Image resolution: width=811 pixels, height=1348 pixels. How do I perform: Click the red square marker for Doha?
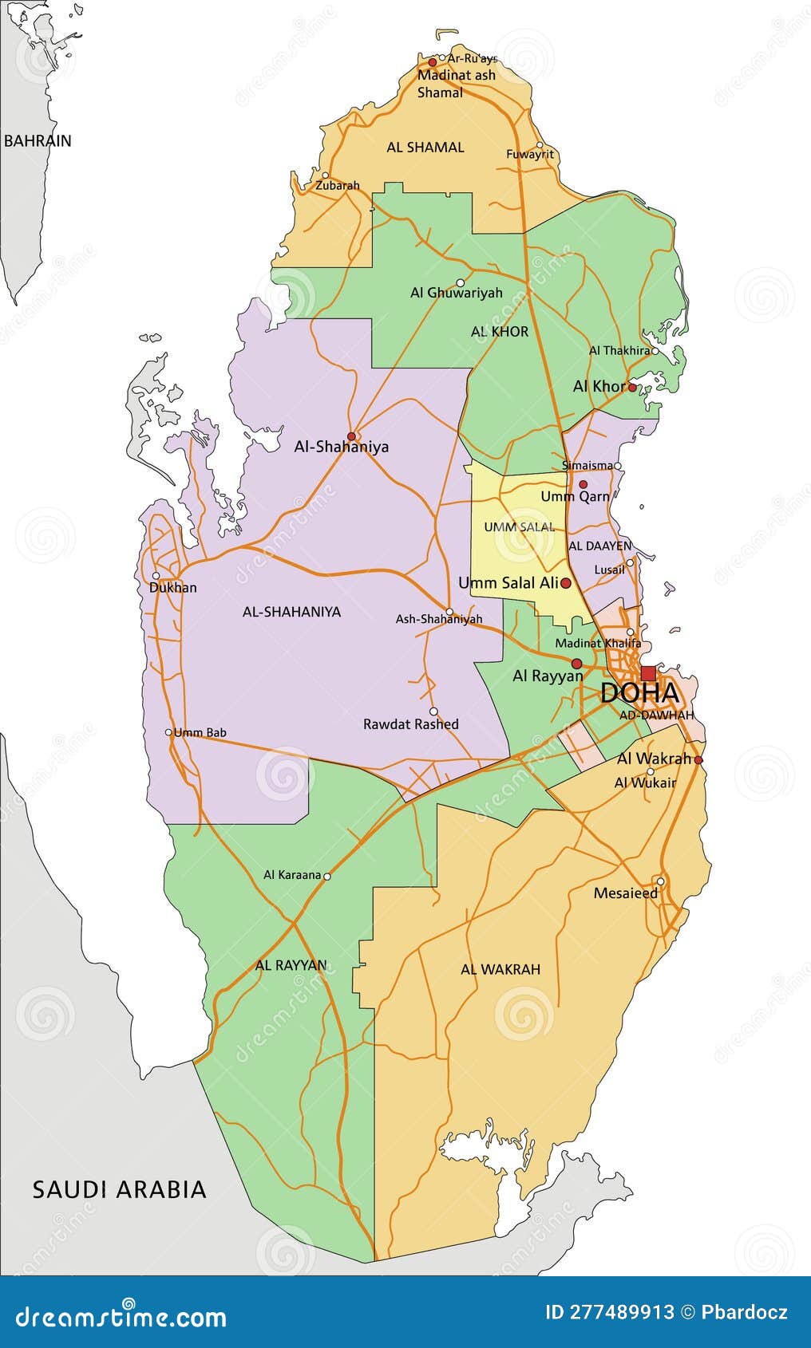pos(648,673)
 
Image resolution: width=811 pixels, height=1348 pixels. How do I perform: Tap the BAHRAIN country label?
pos(38,141)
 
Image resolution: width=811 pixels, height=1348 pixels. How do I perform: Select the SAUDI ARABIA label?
pos(120,1189)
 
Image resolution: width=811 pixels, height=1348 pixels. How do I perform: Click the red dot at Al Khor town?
pos(632,388)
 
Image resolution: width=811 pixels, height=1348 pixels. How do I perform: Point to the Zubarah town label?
pos(337,186)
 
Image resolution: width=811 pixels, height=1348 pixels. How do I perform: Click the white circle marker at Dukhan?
pos(156,575)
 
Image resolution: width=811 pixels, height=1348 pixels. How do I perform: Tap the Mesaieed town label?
pos(626,893)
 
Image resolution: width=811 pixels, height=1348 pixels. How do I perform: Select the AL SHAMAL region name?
pos(425,148)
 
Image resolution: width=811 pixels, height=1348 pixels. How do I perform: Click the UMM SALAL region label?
pos(519,527)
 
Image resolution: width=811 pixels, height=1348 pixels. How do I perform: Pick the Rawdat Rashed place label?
pos(411,724)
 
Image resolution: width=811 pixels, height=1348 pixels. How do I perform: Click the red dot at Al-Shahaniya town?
pos(351,436)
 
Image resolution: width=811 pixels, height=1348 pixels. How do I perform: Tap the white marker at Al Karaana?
pos(327,876)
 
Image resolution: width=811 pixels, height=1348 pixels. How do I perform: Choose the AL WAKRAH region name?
pos(500,969)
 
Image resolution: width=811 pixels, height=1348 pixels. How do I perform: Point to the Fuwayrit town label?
pos(530,155)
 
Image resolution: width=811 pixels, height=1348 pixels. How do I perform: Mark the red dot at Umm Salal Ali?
pos(566,584)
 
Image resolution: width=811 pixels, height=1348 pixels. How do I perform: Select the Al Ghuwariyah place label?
pos(457,293)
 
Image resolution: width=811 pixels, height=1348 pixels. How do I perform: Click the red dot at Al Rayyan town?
pos(577,663)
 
